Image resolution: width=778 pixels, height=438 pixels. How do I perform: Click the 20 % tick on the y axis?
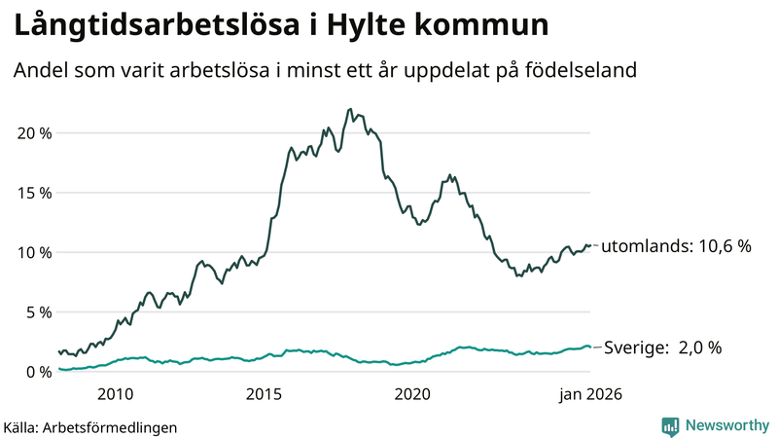(34, 132)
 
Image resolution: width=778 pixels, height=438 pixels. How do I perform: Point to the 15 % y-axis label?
(34, 193)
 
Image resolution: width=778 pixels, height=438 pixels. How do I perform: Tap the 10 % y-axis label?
(34, 252)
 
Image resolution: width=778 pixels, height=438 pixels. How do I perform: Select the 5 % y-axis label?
(38, 312)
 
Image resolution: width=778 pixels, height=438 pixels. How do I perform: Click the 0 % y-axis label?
(38, 372)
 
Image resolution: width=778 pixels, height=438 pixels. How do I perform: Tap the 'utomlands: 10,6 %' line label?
(677, 246)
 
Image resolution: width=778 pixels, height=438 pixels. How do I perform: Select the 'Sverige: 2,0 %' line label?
(663, 347)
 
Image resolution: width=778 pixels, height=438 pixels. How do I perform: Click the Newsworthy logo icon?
(670, 425)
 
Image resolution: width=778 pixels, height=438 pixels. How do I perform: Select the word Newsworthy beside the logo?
(725, 425)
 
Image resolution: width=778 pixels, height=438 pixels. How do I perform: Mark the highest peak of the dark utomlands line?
(349, 109)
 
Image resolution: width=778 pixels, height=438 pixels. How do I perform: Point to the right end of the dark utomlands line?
(590, 245)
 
